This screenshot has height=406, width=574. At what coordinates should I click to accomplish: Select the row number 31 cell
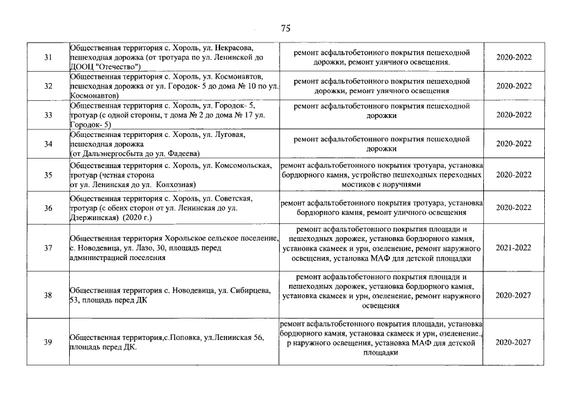point(48,58)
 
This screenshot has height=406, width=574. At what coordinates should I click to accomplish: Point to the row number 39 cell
point(48,343)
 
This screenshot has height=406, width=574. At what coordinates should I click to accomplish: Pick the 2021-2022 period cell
point(514,248)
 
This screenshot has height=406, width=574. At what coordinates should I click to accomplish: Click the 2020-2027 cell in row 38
point(514,295)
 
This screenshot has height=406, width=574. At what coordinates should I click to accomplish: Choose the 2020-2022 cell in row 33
point(514,115)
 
